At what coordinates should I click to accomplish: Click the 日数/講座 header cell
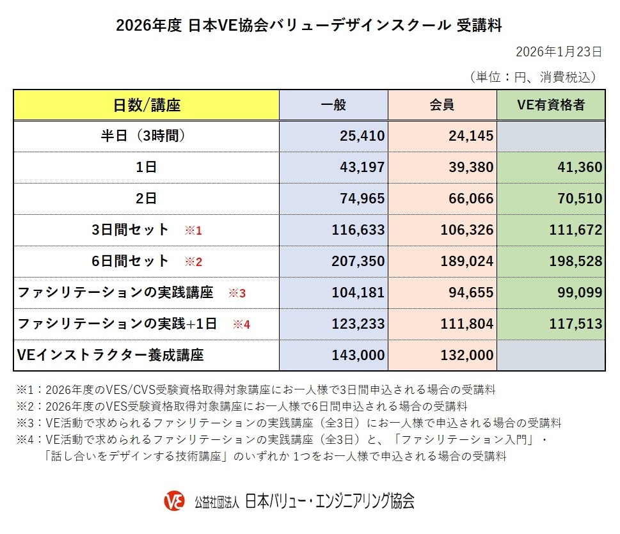pos(147,105)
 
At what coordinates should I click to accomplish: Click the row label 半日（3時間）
pos(147,136)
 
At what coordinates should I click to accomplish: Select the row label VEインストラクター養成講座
pos(111,356)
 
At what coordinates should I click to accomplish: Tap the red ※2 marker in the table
pos(193,262)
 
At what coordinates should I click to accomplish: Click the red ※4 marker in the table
pos(241,324)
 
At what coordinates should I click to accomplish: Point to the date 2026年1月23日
pos(559,52)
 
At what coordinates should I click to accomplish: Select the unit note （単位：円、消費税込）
pos(534,77)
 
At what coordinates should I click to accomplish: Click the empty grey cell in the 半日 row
pos(551,136)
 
